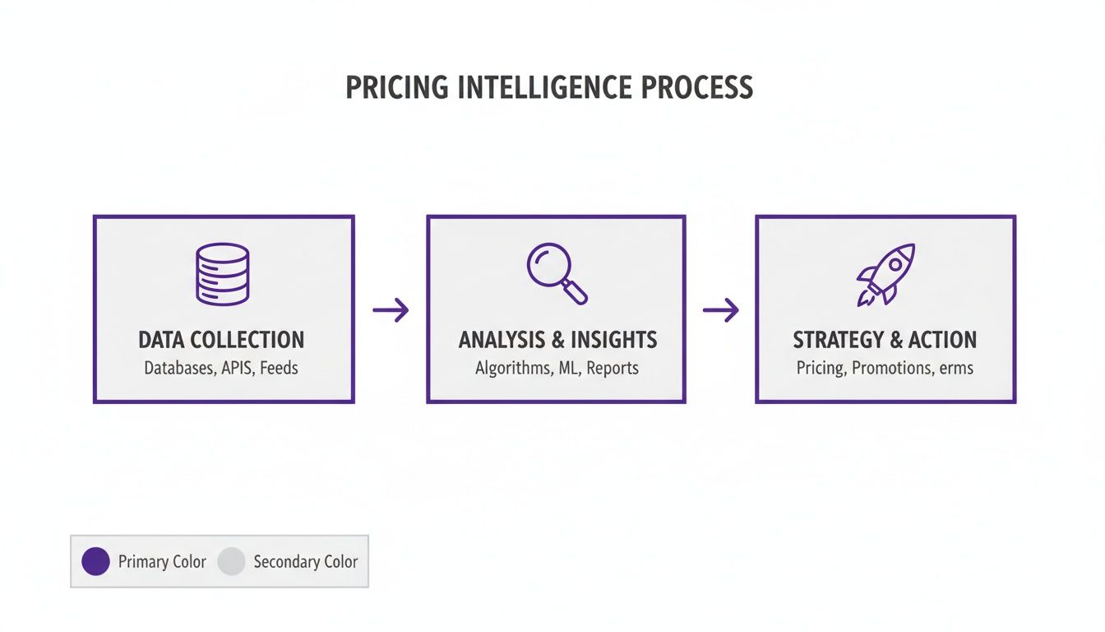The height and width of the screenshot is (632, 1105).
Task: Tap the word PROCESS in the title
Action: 700,87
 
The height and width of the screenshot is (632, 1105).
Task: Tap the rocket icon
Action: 885,275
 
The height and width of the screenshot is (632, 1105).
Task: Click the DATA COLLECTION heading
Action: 221,340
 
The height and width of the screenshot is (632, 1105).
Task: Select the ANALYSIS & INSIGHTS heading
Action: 557,340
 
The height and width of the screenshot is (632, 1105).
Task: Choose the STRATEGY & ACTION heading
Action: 885,340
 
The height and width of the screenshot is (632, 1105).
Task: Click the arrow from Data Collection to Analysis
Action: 391,310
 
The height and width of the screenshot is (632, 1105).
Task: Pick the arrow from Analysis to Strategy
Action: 720,310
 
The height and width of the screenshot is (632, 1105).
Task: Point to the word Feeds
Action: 279,368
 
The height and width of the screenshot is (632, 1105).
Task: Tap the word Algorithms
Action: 513,368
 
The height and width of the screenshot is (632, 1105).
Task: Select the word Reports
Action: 613,368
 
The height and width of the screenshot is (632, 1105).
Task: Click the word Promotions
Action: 891,368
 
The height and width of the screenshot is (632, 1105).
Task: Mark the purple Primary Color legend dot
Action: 96,562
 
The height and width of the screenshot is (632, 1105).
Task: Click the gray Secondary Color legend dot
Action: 231,562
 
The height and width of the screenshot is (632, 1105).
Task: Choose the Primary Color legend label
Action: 162,562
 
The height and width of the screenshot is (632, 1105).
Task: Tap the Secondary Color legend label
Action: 305,562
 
